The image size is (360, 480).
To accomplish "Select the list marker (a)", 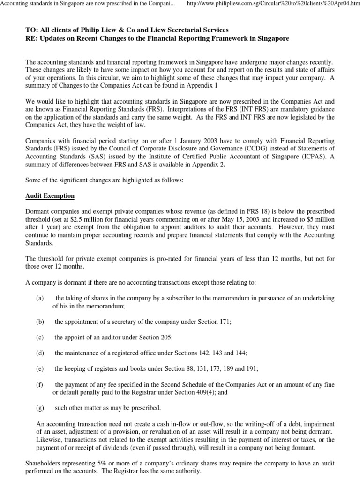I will coord(40,298).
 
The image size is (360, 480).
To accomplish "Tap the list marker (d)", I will coord(40,352).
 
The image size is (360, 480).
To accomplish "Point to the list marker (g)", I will coord(40,407).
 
